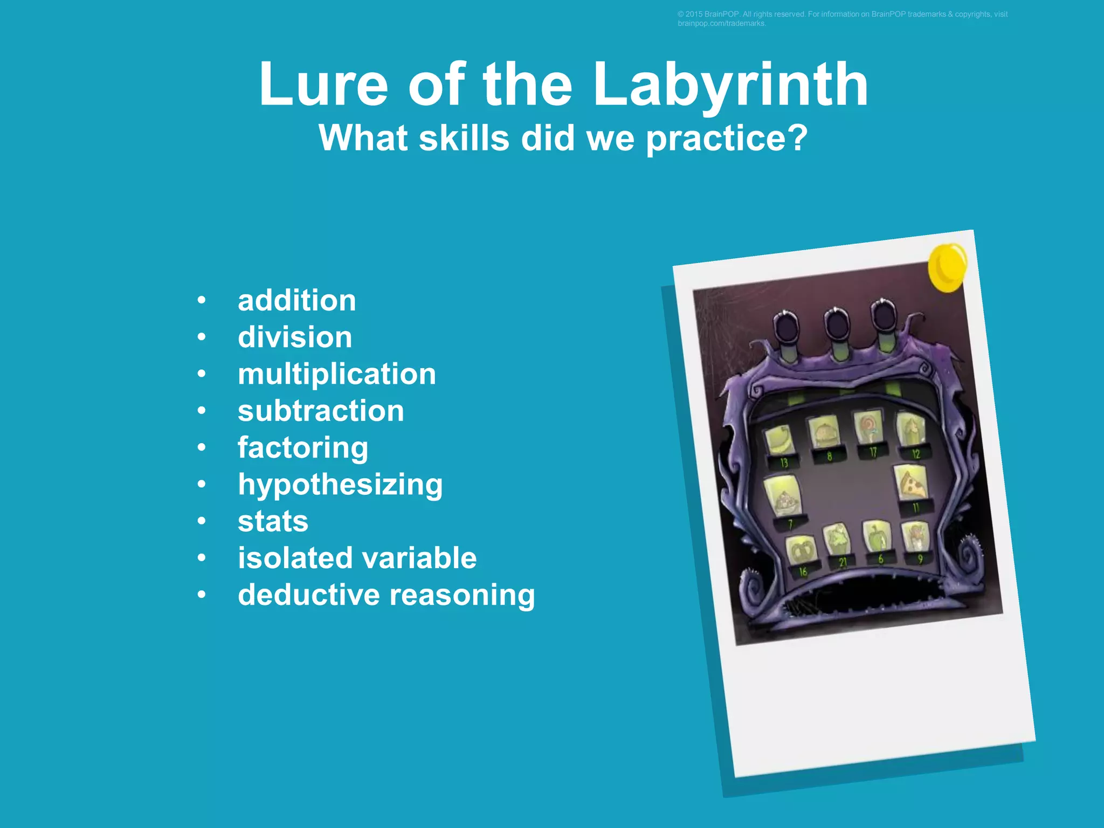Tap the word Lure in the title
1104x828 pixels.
323,85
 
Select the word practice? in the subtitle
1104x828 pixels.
726,139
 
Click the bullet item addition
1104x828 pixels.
296,300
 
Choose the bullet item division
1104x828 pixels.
295,337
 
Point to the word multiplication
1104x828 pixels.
337,374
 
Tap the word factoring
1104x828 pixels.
303,448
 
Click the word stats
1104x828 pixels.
273,521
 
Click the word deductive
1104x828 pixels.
309,595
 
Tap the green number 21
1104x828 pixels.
843,562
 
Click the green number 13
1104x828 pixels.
784,463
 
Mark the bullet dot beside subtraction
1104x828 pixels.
202,411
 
